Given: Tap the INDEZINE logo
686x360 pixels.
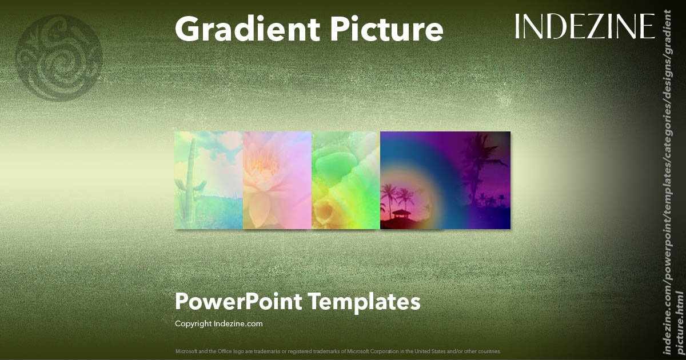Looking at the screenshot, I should pos(585,27).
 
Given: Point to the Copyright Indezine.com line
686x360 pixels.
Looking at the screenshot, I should pos(218,323).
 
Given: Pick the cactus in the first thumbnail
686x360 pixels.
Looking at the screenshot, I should pos(184,177).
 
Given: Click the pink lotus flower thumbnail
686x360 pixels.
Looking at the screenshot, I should pos(277,180).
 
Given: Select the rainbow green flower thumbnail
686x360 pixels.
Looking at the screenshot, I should pos(346,180).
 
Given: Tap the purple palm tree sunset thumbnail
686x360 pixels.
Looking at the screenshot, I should pos(445,180).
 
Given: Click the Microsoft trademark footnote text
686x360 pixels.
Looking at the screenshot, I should pos(338,351).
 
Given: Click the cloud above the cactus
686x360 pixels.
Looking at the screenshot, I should pos(217,143).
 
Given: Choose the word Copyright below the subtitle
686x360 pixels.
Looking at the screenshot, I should pos(193,323).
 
